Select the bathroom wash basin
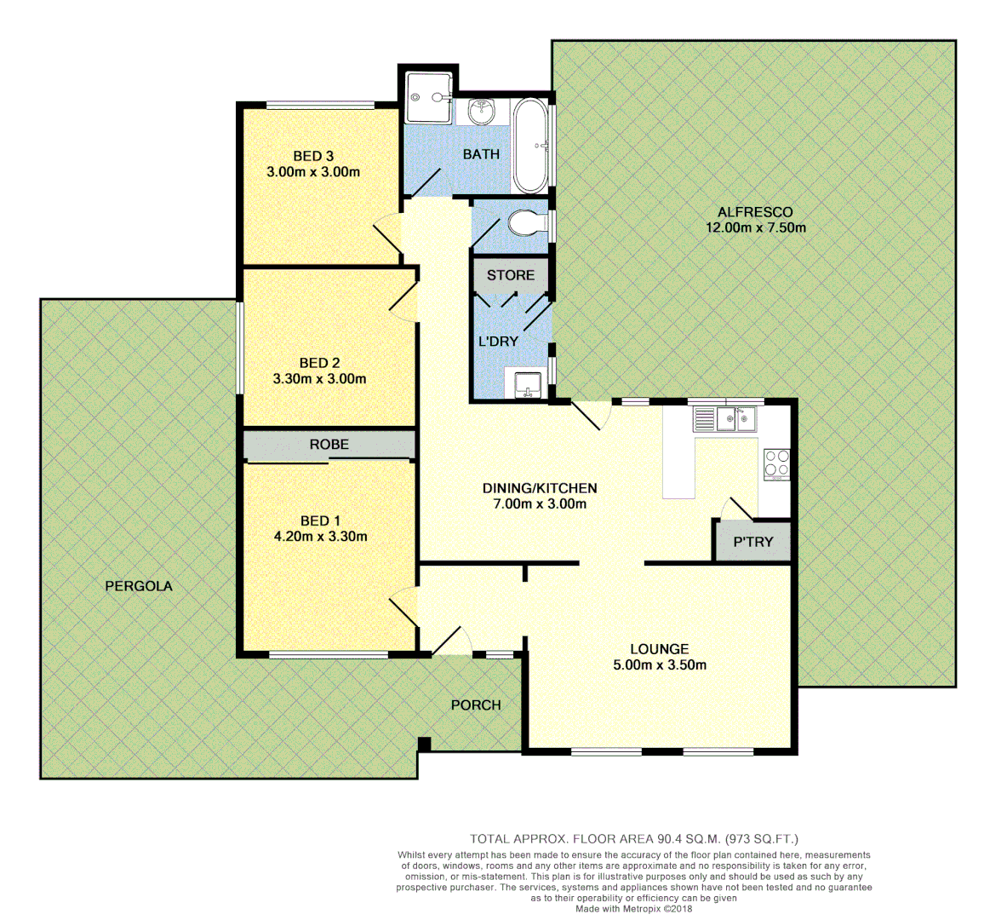point(482,111)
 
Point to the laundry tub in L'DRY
point(527,384)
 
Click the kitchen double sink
point(725,418)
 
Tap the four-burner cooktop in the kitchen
point(776,464)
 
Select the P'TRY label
point(753,541)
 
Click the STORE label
point(511,275)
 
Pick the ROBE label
point(329,445)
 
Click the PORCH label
point(476,704)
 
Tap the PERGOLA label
point(139,586)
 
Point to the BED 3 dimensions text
point(313,172)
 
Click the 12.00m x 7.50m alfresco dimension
point(755,227)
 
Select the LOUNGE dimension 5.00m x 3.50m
point(660,665)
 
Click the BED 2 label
point(319,363)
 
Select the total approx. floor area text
point(634,839)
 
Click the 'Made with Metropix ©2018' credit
point(634,909)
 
